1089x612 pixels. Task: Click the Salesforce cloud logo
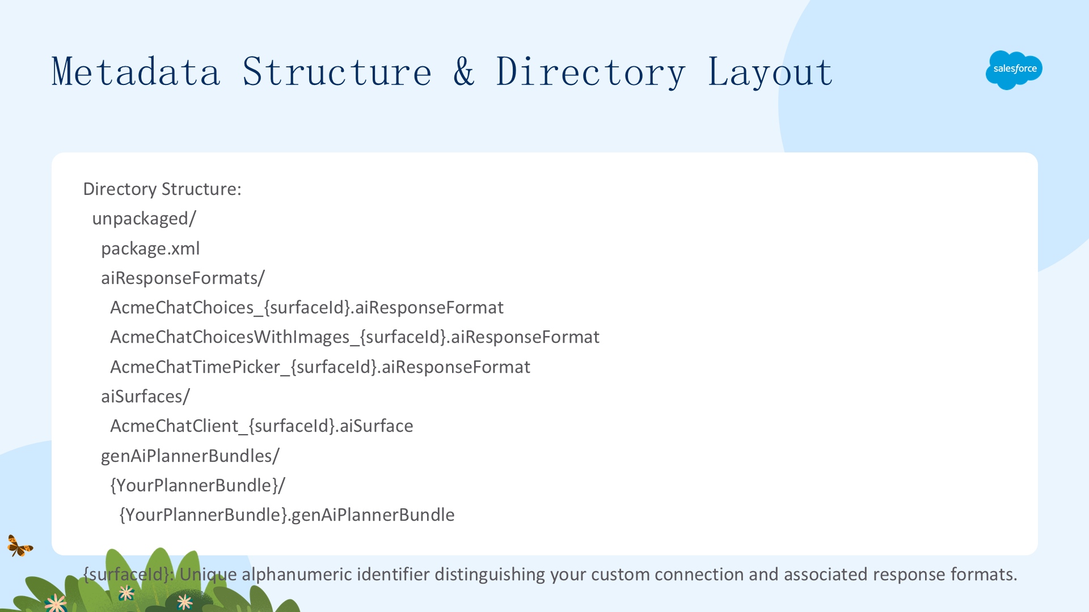click(x=1014, y=70)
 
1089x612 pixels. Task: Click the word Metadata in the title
click(x=136, y=72)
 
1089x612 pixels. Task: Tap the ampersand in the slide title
click(x=464, y=72)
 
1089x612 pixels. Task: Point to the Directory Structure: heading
click(x=162, y=189)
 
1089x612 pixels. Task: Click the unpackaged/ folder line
click(x=144, y=219)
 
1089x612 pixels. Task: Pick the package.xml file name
click(x=150, y=248)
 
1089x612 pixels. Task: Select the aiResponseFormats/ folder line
click(x=183, y=278)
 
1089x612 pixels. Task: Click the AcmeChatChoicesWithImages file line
click(x=354, y=337)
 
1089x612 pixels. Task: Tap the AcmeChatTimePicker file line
click(x=320, y=367)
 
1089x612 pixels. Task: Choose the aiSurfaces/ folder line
click(x=145, y=396)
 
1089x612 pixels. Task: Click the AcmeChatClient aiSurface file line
click(x=261, y=426)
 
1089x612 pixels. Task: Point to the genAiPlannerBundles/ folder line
click(x=190, y=456)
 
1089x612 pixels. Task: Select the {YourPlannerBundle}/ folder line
click(x=197, y=486)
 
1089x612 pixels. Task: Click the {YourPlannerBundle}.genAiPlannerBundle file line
click(x=286, y=515)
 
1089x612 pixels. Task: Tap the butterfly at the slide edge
click(x=20, y=546)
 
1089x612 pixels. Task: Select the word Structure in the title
click(x=337, y=72)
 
